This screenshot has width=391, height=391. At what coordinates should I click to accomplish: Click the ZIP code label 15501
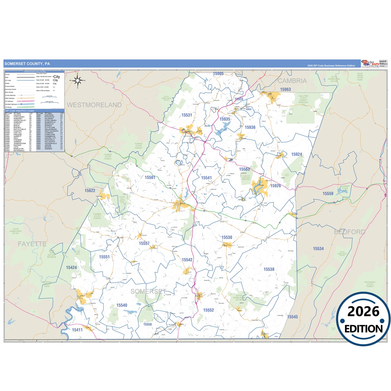point(150,178)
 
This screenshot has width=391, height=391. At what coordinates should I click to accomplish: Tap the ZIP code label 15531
point(186,115)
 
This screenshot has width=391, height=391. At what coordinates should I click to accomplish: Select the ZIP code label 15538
point(269,269)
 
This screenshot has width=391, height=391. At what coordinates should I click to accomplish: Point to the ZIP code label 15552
point(208,310)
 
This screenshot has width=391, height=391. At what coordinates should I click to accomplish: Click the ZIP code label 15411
point(77,330)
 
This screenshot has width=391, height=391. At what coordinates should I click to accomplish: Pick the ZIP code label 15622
point(90,190)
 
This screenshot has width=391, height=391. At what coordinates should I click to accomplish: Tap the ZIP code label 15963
point(285,90)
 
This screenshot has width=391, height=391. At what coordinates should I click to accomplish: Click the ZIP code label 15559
point(328,193)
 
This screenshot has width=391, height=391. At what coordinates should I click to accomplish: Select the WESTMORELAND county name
point(94,105)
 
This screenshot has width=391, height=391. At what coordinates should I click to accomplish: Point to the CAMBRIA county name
point(292,81)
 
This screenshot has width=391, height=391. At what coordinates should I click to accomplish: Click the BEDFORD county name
point(350,232)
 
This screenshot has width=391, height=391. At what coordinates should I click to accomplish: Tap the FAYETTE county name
point(32,244)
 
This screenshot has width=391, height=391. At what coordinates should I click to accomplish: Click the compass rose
point(77,80)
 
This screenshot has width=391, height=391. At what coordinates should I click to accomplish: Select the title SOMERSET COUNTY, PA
point(27,64)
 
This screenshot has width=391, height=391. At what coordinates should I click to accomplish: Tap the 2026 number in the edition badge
point(363,312)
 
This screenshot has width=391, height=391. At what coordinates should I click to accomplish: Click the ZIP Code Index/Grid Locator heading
point(20,111)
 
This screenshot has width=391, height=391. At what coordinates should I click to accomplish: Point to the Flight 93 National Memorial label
point(246,178)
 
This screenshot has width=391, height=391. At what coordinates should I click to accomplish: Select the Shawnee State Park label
point(345,188)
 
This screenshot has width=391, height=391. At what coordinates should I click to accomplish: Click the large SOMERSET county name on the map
point(148,291)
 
